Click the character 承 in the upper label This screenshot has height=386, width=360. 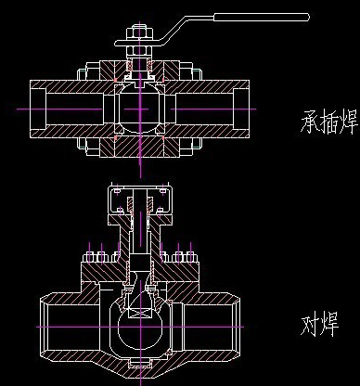tap(312, 122)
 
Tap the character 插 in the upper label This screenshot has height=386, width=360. tap(332, 122)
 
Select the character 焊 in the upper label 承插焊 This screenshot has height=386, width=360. tap(351, 122)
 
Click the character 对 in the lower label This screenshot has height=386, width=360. tap(314, 326)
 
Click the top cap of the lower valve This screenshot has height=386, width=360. tap(140, 190)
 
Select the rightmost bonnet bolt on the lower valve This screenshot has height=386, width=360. tap(191, 253)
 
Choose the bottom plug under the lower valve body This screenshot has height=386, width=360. tap(140, 372)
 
